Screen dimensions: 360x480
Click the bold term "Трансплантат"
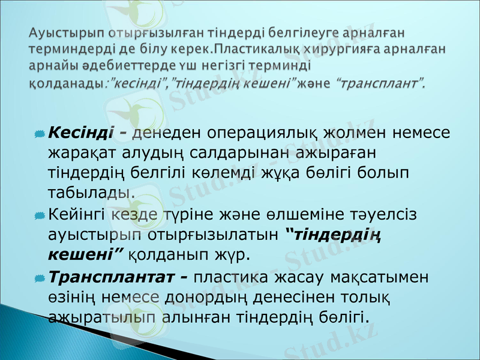[x=112, y=277]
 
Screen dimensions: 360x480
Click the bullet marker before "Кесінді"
[x=38, y=133]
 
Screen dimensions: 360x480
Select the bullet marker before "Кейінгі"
[x=38, y=214]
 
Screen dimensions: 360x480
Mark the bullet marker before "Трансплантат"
[x=38, y=278]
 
